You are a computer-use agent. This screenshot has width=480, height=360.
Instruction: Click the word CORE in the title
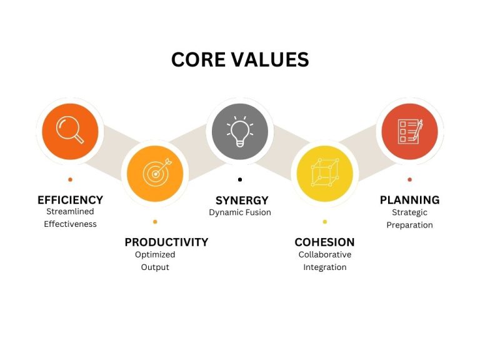198,59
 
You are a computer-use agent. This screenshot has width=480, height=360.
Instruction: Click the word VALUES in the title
270,59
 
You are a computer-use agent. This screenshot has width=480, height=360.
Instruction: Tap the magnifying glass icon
70,130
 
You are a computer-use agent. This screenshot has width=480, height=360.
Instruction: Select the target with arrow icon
157,172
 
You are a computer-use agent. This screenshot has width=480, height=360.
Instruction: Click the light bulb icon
240,131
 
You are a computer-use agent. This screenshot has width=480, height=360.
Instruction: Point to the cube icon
325,172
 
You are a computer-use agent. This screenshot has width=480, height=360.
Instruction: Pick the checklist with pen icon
410,131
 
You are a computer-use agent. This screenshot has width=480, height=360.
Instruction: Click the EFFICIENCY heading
71,200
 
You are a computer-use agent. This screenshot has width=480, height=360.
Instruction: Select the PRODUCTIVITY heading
166,242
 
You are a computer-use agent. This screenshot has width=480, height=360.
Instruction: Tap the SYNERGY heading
242,201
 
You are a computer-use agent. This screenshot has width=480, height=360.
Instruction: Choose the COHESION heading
324,242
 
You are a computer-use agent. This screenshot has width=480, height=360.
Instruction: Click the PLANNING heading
409,200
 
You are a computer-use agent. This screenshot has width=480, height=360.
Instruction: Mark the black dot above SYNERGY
240,180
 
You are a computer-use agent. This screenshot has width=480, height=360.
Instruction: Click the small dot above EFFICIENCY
71,180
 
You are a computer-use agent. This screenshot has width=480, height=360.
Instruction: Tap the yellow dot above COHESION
325,222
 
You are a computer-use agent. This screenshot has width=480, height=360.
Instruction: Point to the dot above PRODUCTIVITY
155,222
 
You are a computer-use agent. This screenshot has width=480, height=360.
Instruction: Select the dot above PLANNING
409,180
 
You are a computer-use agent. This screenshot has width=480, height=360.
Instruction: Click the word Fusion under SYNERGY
258,212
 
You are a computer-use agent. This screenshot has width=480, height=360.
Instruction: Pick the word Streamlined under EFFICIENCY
70,211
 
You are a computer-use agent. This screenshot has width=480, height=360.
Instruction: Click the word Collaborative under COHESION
325,255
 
